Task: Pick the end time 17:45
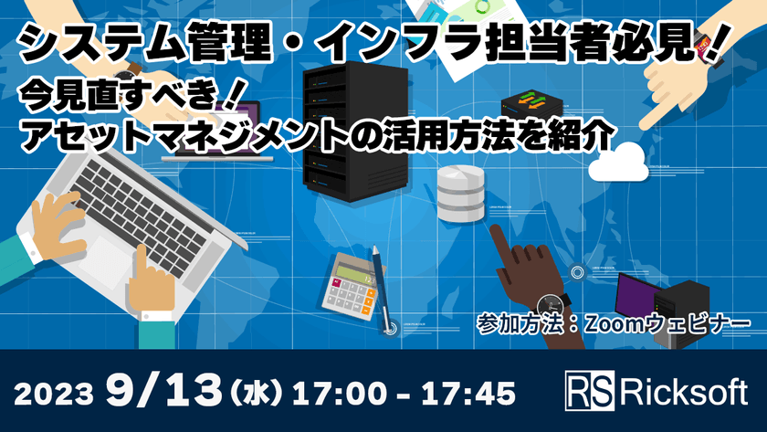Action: tap(466, 393)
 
